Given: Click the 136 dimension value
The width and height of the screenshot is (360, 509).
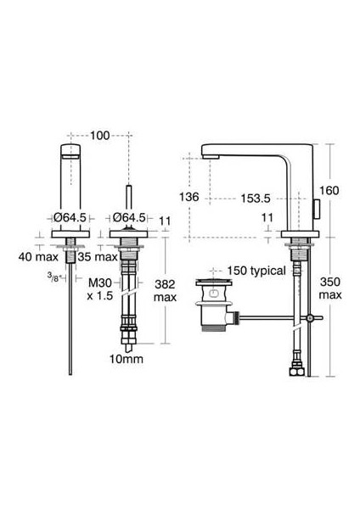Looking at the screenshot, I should tap(190, 197).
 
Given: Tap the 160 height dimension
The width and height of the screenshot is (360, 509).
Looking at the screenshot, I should tap(329, 191).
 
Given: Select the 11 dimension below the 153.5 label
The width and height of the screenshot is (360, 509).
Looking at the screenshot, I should tap(267, 218).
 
